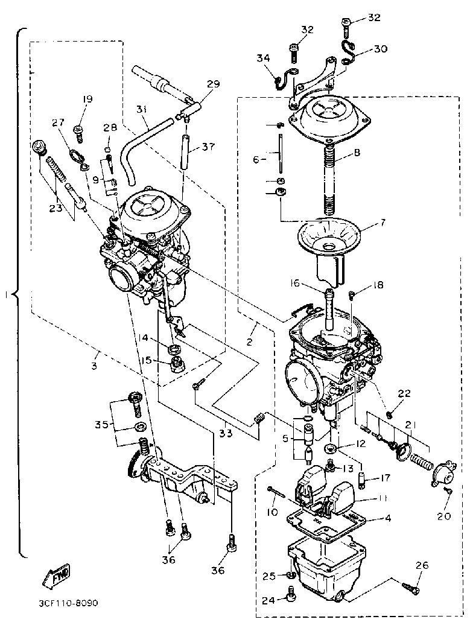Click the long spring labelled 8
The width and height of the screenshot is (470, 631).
pyautogui.click(x=329, y=181)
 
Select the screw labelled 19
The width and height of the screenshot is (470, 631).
pyautogui.click(x=78, y=129)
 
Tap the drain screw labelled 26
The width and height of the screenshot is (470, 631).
pyautogui.click(x=408, y=585)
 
